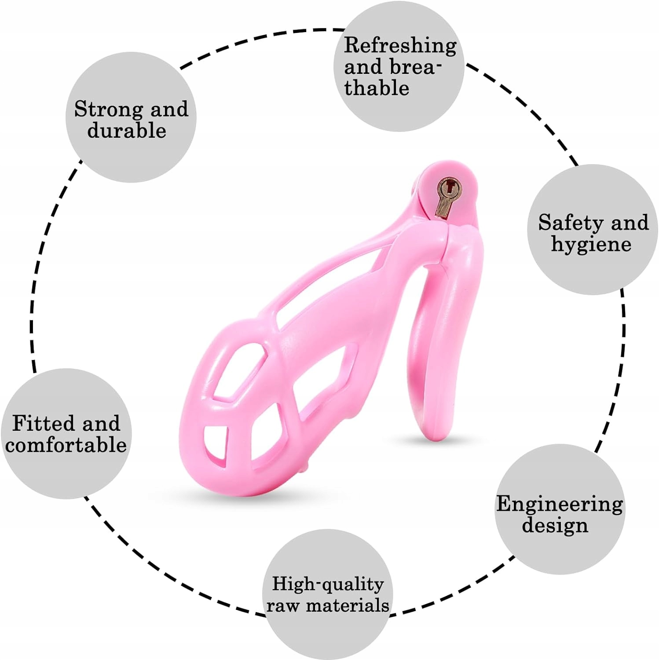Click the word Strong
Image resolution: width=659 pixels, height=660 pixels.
[108, 110]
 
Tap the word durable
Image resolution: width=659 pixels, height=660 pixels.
[127, 131]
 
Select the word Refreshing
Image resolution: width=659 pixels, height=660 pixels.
[400, 46]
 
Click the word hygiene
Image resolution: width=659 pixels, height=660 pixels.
[591, 245]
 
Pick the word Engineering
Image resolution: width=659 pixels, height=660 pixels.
[560, 504]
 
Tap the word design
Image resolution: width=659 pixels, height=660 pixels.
[555, 525]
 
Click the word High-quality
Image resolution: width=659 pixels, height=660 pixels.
[328, 584]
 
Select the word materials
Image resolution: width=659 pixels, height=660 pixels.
[348, 606]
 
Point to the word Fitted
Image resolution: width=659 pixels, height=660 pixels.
[43, 423]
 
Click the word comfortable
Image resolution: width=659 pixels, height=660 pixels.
[66, 445]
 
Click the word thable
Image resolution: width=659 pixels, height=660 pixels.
[377, 88]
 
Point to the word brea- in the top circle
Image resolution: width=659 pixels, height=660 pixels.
[416, 67]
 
